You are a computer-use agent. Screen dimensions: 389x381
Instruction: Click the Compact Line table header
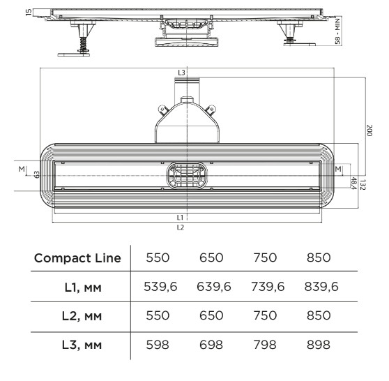[77, 258]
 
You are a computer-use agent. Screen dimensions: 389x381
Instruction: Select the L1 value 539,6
[160, 287]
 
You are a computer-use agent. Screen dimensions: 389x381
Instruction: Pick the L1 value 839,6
[321, 287]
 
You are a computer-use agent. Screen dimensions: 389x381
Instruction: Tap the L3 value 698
[211, 345]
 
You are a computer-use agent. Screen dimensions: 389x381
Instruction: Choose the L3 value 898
[319, 345]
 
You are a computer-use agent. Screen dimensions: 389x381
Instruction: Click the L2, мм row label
[82, 316]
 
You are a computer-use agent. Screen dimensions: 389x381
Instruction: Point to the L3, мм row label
[82, 345]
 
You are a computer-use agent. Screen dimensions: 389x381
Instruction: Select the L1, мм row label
[83, 287]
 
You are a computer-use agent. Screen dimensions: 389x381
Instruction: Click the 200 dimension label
[369, 130]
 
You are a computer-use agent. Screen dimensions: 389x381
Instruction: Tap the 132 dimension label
[363, 184]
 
